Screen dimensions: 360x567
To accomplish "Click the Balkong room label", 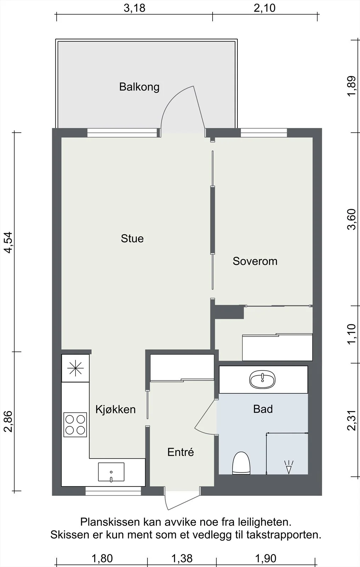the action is tap(139, 87).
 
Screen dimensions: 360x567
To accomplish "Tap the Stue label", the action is tap(132, 239).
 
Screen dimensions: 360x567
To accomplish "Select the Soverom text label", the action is tap(255, 261).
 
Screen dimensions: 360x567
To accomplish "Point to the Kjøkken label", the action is tap(116, 409).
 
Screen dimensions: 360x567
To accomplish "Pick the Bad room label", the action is tap(263, 409).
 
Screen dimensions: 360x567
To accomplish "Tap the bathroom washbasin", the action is tap(263, 380).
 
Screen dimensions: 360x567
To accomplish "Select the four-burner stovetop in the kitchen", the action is tap(75, 425).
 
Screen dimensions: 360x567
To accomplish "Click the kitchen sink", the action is tap(111, 472).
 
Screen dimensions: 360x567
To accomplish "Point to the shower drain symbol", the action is tap(289, 467).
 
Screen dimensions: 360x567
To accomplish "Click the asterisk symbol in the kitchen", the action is tap(75, 368).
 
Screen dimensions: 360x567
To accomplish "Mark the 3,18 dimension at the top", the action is tap(134, 8).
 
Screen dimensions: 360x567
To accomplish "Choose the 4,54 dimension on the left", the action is tap(8, 242).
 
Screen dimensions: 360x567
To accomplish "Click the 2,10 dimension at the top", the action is tap(265, 8).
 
